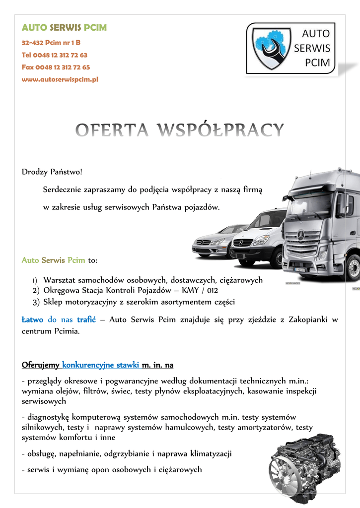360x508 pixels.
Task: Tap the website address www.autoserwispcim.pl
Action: (60, 79)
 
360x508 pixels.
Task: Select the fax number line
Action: (56, 67)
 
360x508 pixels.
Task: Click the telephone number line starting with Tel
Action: (55, 55)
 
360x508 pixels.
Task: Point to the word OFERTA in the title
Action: (112, 130)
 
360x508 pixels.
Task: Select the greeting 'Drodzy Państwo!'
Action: (52, 172)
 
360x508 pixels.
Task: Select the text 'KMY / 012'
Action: (200, 291)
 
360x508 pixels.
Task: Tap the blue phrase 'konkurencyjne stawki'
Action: (101, 365)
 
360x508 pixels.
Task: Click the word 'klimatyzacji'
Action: (209, 453)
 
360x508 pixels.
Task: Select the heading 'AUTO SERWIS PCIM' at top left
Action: (64, 28)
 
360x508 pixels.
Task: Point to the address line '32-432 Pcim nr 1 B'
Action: (51, 43)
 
